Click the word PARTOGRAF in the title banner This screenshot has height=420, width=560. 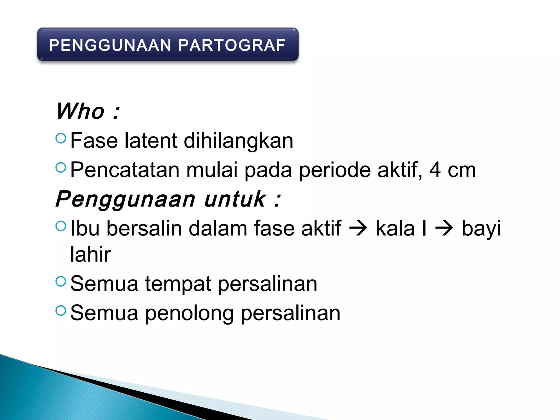[232, 45]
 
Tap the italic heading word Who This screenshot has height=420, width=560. [80, 111]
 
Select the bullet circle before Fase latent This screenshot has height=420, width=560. [61, 138]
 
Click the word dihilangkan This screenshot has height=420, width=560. [238, 141]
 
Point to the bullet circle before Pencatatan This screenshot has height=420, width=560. [61, 167]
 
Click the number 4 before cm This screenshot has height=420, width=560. [435, 170]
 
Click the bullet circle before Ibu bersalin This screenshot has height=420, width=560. [61, 226]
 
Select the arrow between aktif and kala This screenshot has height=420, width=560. [358, 228]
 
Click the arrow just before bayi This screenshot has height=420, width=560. [444, 228]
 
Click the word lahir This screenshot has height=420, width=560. [91, 254]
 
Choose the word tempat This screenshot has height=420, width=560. [178, 284]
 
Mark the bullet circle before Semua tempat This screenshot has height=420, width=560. [61, 281]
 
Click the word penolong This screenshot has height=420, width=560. [189, 314]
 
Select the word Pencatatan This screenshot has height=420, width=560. [125, 170]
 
